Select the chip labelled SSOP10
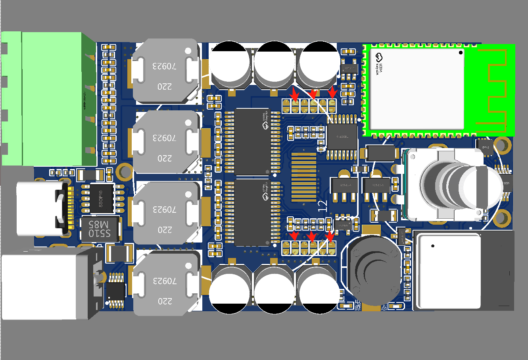pyautogui.click(x=101, y=198)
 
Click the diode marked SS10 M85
pyautogui.click(x=100, y=229)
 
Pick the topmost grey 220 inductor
pyautogui.click(x=165, y=71)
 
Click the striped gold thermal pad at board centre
pyautogui.click(x=304, y=177)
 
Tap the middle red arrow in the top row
pyautogui.click(x=313, y=94)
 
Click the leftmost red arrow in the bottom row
pyautogui.click(x=294, y=237)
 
